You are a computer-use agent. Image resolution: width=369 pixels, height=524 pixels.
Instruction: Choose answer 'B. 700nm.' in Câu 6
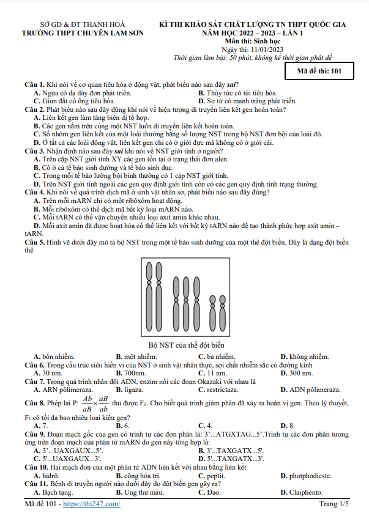pos(130,372)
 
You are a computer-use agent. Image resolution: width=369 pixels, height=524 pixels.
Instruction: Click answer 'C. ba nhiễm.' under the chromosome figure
pos(217,356)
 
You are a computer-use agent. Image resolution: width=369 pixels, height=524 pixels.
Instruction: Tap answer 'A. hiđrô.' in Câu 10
pos(47,475)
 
